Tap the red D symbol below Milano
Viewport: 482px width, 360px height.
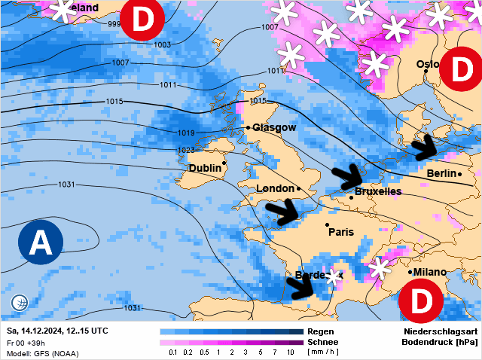pyautogui.click(x=418, y=301)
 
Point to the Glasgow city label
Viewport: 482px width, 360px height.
pyautogui.click(x=274, y=128)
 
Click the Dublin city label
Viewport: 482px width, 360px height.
pyautogui.click(x=205, y=167)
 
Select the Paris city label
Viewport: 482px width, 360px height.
pyautogui.click(x=341, y=232)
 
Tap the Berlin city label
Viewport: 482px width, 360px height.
pyautogui.click(x=442, y=174)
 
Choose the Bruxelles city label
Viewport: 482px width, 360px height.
pyautogui.click(x=377, y=192)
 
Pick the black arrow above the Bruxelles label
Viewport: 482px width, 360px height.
pyautogui.click(x=347, y=175)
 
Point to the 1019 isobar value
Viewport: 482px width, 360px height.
pyautogui.click(x=187, y=133)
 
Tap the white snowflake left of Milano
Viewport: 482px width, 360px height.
pyautogui.click(x=379, y=269)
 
